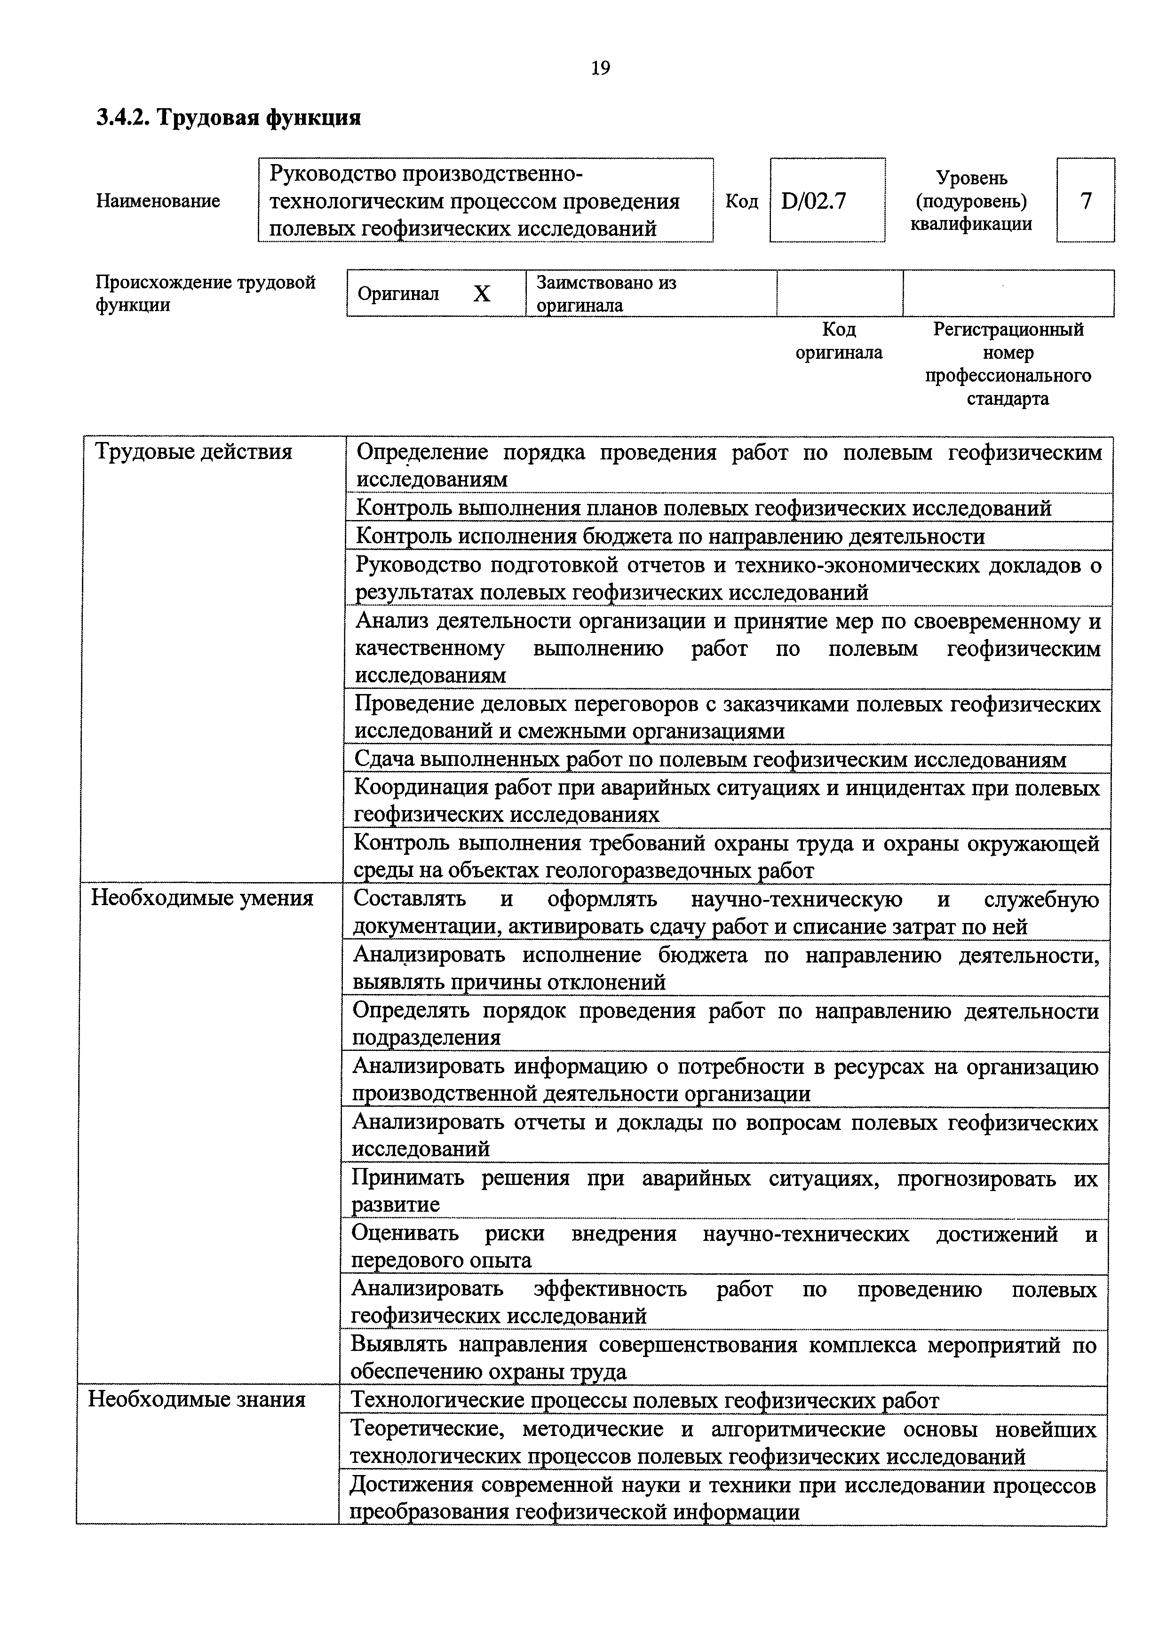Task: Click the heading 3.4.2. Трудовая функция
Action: tap(229, 117)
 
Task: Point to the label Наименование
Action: tap(158, 201)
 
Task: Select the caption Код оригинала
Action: tap(839, 341)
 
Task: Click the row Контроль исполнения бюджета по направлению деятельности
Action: tap(670, 537)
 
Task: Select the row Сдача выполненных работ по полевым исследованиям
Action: tap(710, 759)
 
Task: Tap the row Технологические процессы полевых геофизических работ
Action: tap(644, 1401)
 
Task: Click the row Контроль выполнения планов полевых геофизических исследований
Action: tap(704, 508)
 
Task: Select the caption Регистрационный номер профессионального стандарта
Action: tap(1008, 364)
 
